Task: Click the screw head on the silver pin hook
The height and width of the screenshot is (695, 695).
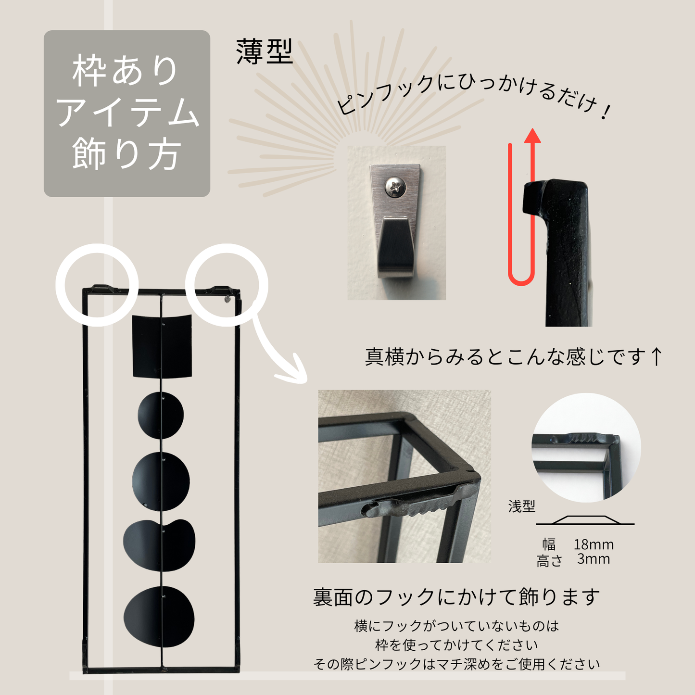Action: (396, 187)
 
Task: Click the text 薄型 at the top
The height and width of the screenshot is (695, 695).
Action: (264, 51)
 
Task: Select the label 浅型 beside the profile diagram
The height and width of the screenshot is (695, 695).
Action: (521, 506)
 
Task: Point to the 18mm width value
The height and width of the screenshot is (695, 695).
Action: (594, 544)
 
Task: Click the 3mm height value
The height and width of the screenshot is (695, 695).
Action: (594, 559)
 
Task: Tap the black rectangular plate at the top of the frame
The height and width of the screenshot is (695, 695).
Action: (162, 346)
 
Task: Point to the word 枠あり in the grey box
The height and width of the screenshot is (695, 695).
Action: (125, 71)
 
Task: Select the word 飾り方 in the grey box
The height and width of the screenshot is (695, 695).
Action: (126, 154)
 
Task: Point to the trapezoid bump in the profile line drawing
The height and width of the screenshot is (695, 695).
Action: (585, 520)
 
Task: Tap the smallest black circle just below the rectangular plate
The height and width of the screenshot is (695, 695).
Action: (161, 416)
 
